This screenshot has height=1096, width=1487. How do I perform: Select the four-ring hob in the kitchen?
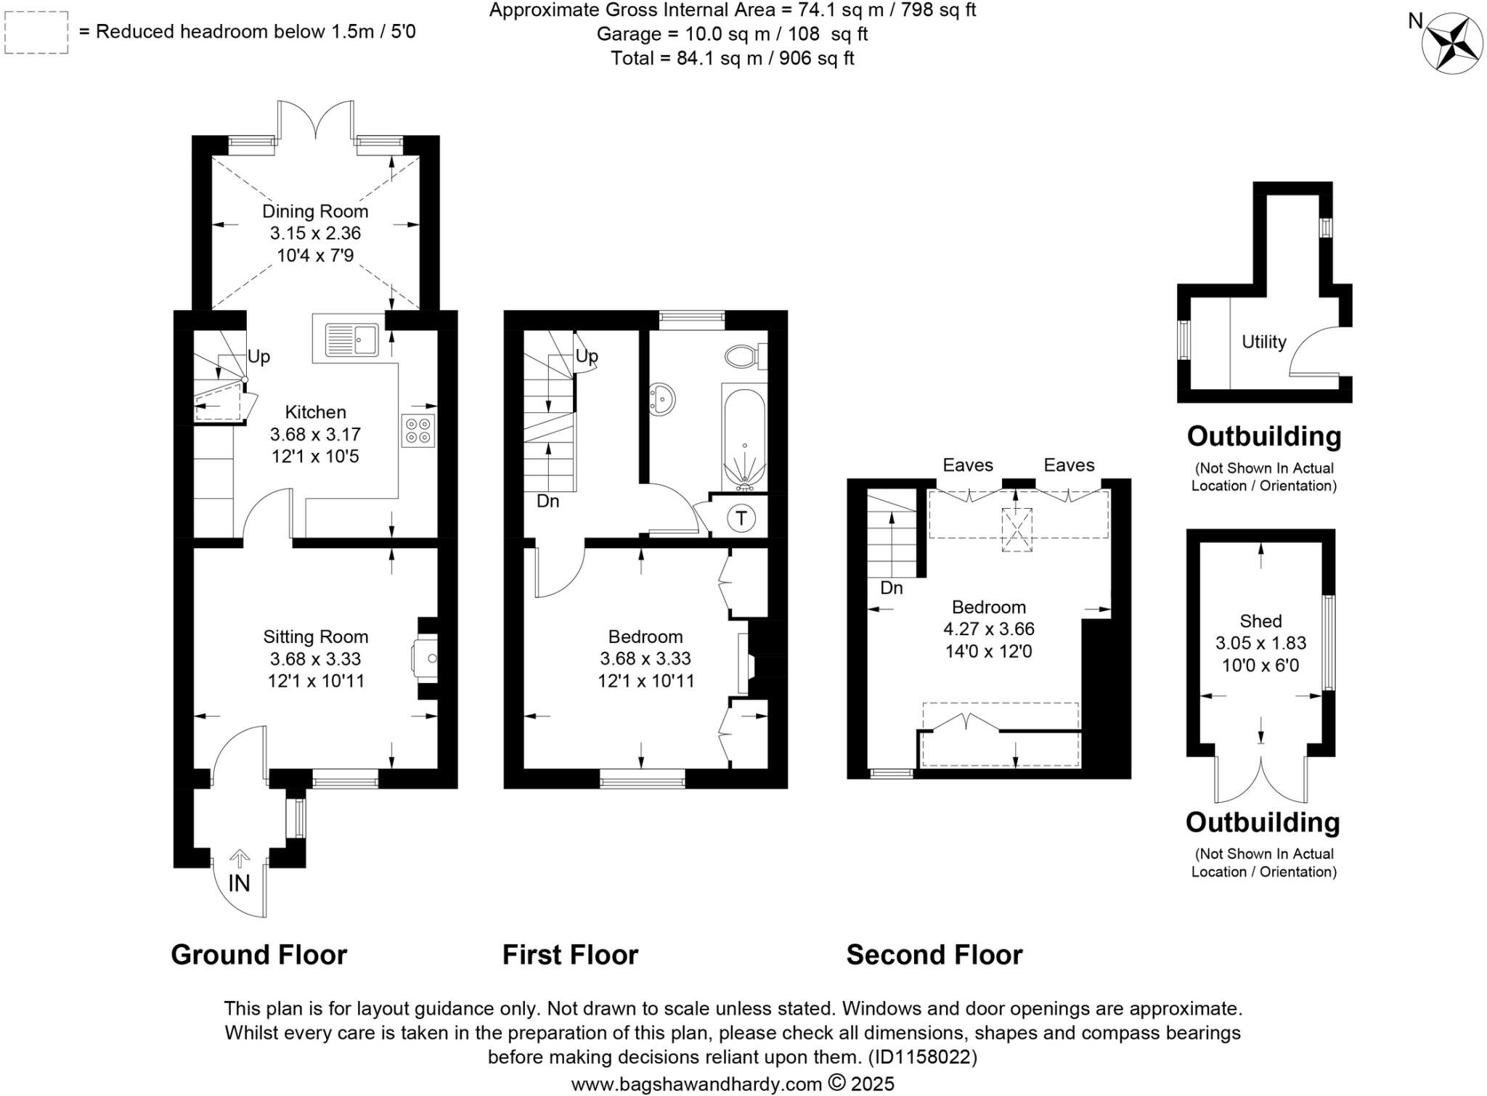[417, 430]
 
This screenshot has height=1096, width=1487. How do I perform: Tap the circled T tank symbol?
[741, 518]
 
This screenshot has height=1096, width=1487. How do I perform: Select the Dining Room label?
[315, 211]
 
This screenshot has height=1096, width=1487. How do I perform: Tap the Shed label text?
[1260, 621]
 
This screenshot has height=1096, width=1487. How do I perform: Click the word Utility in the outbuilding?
[1263, 342]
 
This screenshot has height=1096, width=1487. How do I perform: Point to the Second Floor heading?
[934, 954]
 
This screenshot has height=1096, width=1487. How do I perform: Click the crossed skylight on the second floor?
[1017, 529]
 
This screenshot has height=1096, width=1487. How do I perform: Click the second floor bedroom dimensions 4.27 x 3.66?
[988, 629]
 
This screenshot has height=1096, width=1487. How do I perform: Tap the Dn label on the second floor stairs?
[891, 588]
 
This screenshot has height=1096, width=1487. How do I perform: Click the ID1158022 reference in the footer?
[922, 1056]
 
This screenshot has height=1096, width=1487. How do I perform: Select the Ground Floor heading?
[258, 954]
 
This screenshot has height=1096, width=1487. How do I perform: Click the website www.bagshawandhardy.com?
[696, 1084]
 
